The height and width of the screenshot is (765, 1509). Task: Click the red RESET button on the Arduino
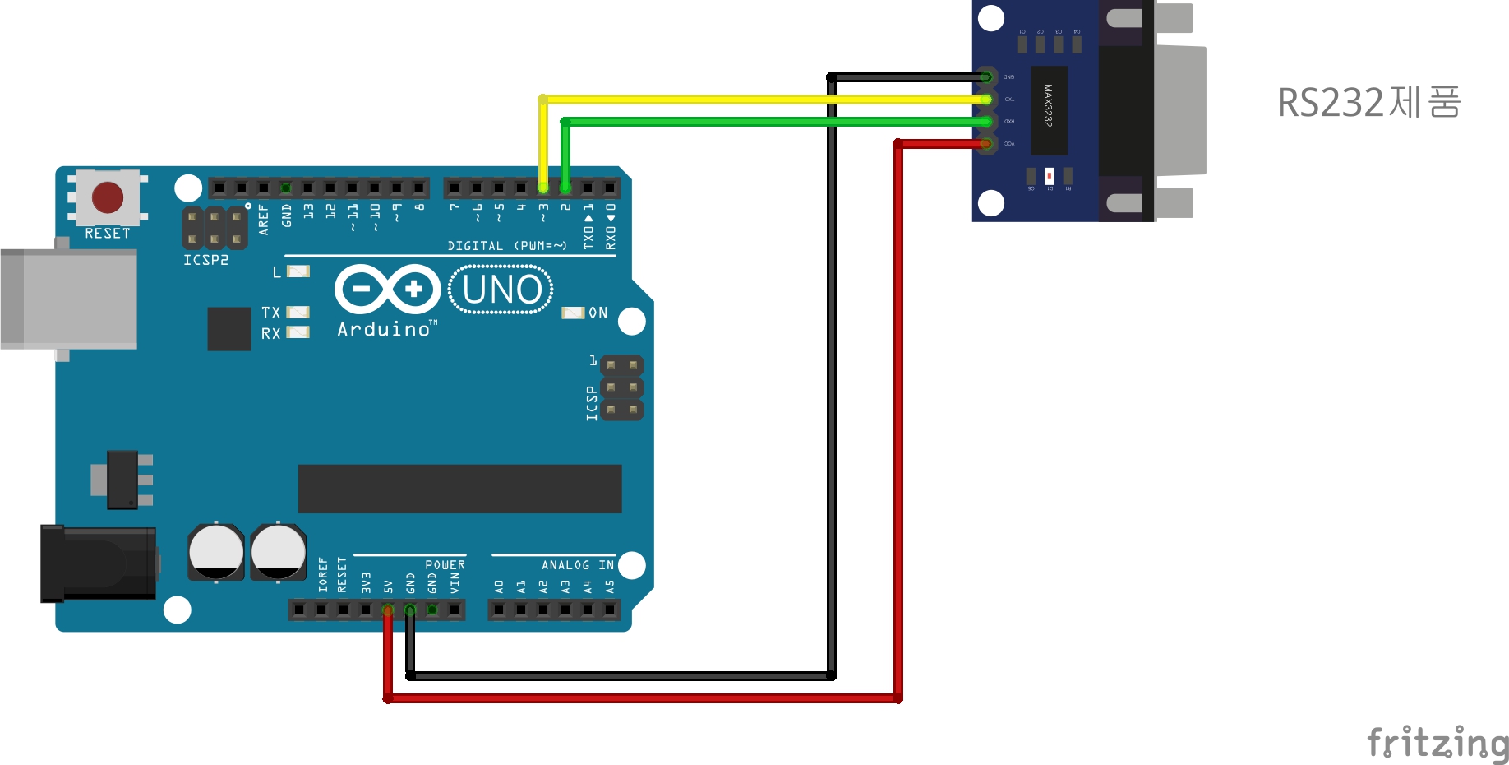point(108,197)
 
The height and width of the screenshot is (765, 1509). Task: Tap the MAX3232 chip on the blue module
point(1049,110)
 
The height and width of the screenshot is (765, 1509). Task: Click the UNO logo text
point(501,290)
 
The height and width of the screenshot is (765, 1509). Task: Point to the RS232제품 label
point(1368,103)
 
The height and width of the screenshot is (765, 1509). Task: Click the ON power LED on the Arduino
point(572,313)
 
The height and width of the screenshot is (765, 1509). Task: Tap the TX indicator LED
point(298,313)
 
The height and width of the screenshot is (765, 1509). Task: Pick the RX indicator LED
point(298,332)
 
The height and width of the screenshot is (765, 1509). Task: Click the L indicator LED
point(298,271)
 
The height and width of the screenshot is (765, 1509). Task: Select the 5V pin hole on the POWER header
point(388,610)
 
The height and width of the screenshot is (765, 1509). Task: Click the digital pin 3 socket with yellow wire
point(543,188)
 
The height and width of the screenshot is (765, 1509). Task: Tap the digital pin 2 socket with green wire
point(565,188)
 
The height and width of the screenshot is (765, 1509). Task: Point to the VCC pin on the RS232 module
point(986,144)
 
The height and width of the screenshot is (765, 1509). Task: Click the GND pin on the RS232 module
point(986,77)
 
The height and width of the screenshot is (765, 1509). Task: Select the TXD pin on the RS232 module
point(986,100)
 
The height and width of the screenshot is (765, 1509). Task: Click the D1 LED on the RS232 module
point(1049,176)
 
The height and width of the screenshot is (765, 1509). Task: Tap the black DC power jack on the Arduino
point(99,563)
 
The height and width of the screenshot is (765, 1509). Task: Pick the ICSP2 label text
point(205,260)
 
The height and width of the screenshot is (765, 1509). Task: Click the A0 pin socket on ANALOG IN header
point(499,610)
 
